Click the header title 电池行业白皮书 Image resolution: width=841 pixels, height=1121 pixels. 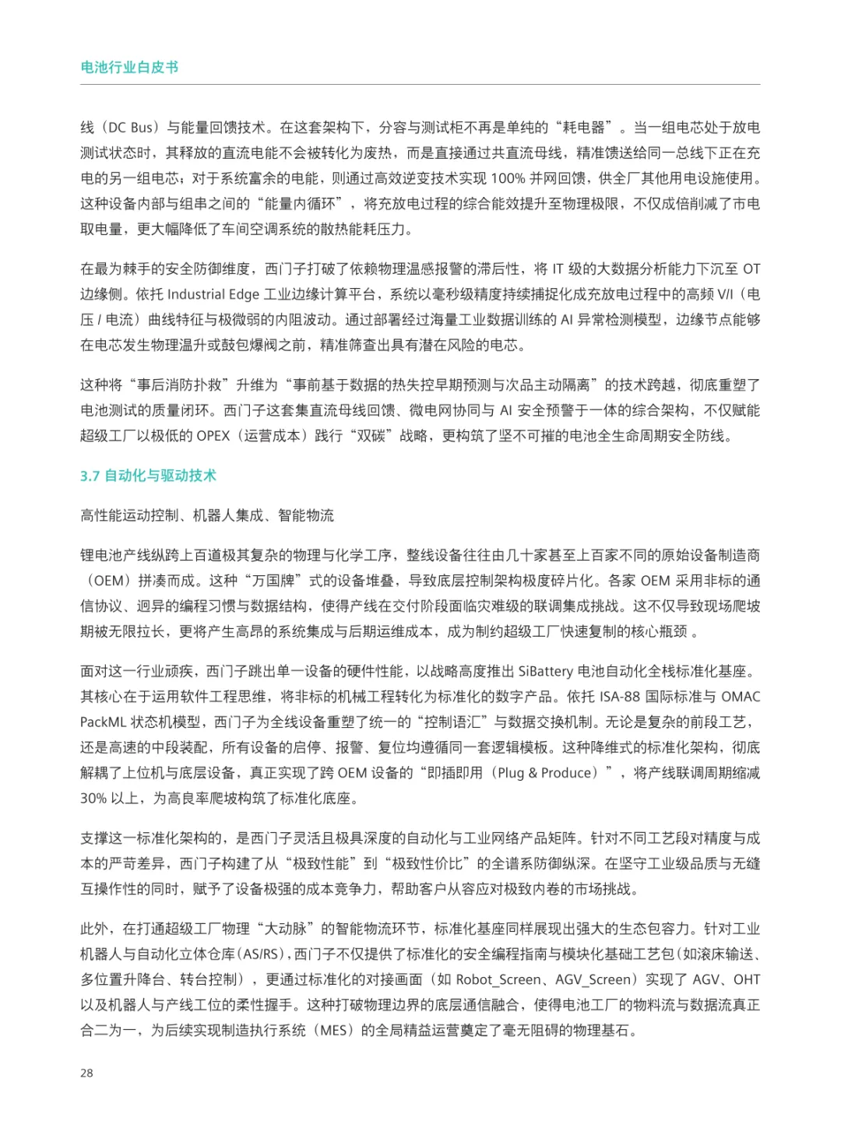(x=129, y=68)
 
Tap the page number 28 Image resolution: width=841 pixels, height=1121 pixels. (x=86, y=1073)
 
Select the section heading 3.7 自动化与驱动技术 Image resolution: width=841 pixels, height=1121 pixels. (x=148, y=476)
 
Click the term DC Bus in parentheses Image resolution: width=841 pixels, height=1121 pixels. (x=130, y=128)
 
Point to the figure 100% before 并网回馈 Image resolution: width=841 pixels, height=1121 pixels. (x=508, y=178)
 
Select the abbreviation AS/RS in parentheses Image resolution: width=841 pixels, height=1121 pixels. (x=261, y=954)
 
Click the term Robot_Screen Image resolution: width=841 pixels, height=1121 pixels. (x=498, y=980)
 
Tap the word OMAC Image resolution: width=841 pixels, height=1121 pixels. (x=741, y=697)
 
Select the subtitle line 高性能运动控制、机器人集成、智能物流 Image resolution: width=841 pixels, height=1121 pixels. (x=207, y=515)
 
